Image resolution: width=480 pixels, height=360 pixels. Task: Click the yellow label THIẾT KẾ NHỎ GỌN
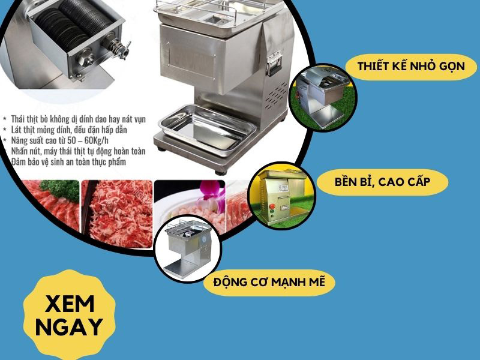coord(411,66)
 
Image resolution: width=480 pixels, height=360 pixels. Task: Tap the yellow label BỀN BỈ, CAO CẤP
coord(382,181)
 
